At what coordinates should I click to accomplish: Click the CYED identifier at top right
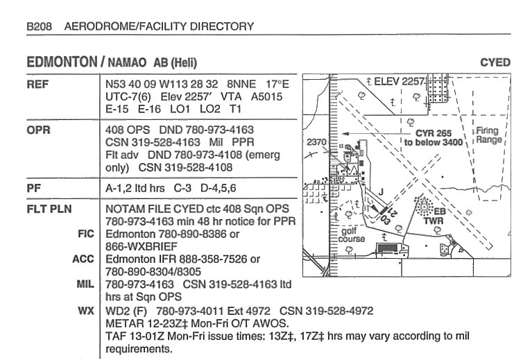click(495, 62)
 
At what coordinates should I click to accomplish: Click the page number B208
click(40, 26)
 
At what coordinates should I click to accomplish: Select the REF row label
click(37, 84)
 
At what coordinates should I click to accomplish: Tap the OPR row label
click(38, 130)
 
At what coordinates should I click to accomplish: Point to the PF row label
click(33, 188)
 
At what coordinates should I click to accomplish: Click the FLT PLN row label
click(49, 209)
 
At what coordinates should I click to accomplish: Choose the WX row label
click(86, 311)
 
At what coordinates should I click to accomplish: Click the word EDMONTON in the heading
click(62, 62)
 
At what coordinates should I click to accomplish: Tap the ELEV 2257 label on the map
click(400, 81)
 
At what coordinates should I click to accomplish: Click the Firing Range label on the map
click(488, 135)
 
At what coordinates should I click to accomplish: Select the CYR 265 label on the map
click(434, 133)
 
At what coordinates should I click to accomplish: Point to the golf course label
click(351, 235)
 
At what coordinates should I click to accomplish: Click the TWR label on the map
click(434, 221)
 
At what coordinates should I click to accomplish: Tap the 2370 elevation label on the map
click(316, 142)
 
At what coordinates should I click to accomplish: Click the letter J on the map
click(381, 191)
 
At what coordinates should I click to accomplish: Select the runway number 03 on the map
click(385, 220)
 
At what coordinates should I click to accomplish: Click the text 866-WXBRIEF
click(142, 246)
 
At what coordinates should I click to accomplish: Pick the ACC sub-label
click(83, 259)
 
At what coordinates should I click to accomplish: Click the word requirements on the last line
click(139, 350)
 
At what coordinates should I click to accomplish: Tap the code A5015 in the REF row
click(266, 96)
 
